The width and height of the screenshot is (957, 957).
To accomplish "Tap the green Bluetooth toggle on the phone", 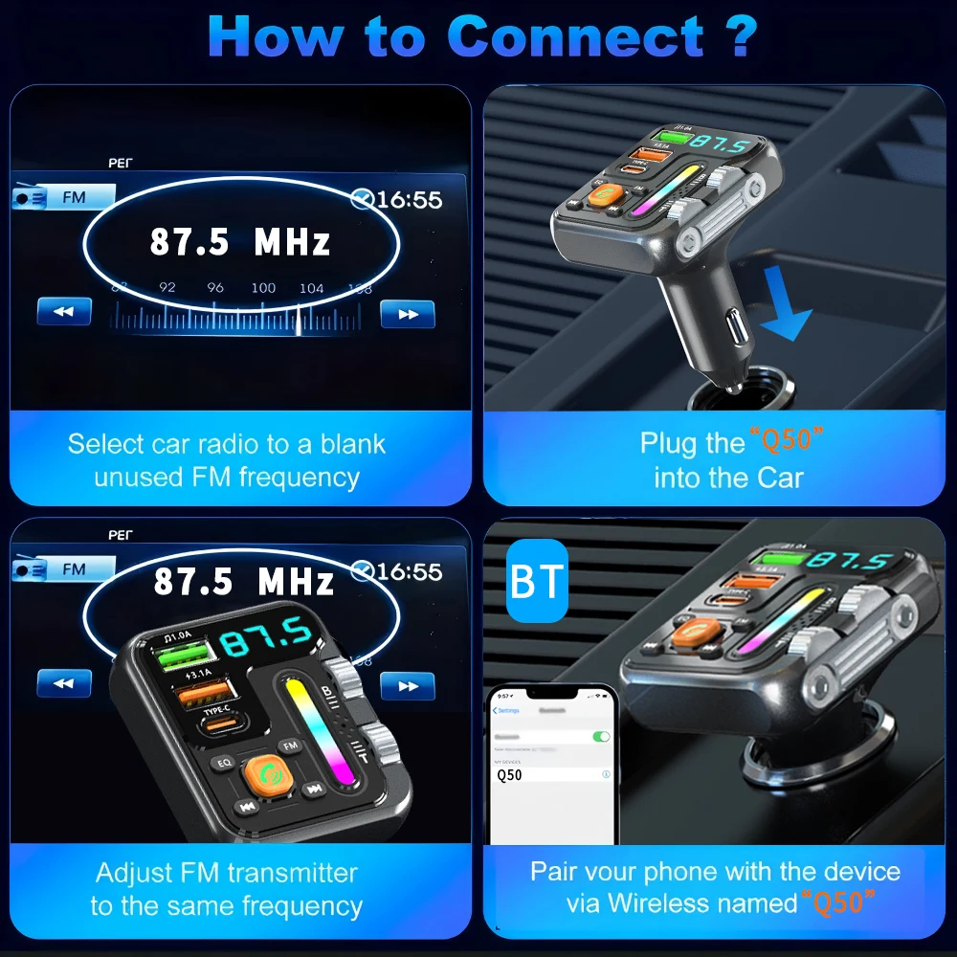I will tap(601, 736).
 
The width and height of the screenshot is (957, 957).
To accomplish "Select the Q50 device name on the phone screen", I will tap(510, 775).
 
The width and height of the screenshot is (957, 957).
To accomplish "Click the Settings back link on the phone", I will tap(507, 710).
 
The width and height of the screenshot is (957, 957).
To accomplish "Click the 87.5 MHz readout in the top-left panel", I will tap(240, 242).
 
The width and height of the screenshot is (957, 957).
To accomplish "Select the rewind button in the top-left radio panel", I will tap(64, 311).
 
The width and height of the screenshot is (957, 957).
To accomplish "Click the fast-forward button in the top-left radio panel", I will tap(408, 314).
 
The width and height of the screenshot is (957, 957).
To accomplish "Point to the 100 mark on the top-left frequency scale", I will tap(263, 287).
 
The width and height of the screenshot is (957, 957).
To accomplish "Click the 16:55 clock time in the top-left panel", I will tap(409, 200).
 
